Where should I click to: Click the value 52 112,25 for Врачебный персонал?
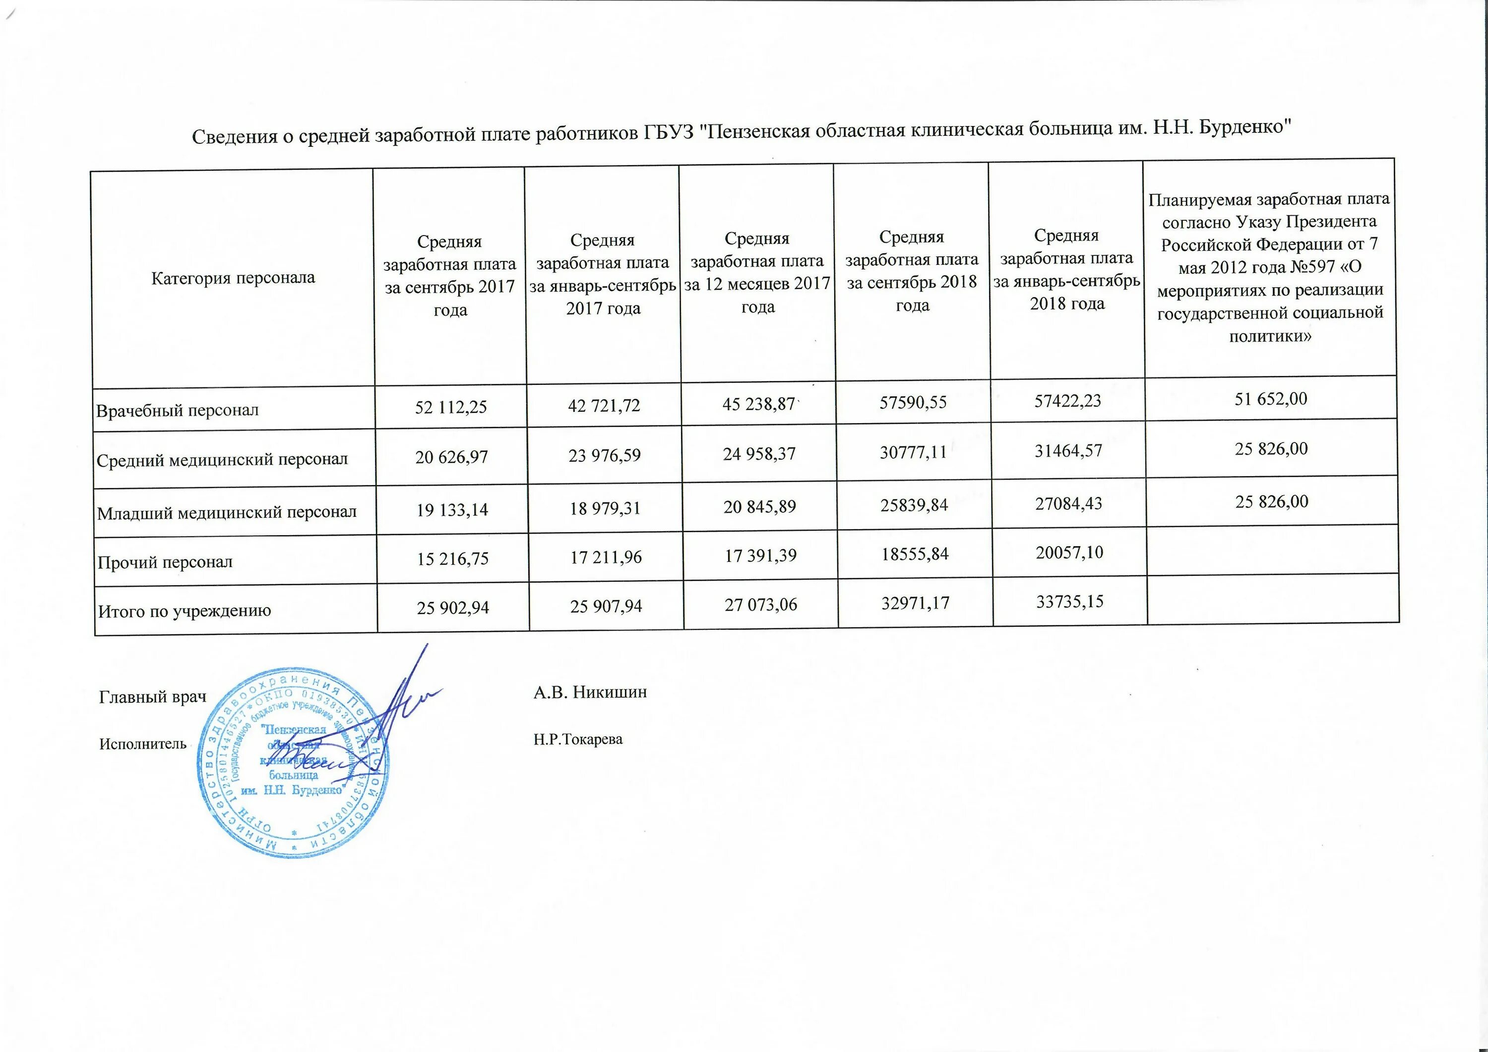[450, 407]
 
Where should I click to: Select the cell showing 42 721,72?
[604, 406]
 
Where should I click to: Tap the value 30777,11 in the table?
[913, 452]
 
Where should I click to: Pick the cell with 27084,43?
[1067, 503]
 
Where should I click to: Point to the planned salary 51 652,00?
[1270, 399]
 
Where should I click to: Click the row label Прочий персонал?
[165, 562]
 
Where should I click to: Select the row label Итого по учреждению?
[184, 611]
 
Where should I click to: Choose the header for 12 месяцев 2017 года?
[757, 272]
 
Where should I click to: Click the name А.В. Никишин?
[590, 692]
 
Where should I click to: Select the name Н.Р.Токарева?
[578, 739]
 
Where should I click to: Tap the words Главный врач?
[152, 697]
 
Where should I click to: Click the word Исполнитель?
[142, 744]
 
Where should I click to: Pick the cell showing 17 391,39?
[760, 556]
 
